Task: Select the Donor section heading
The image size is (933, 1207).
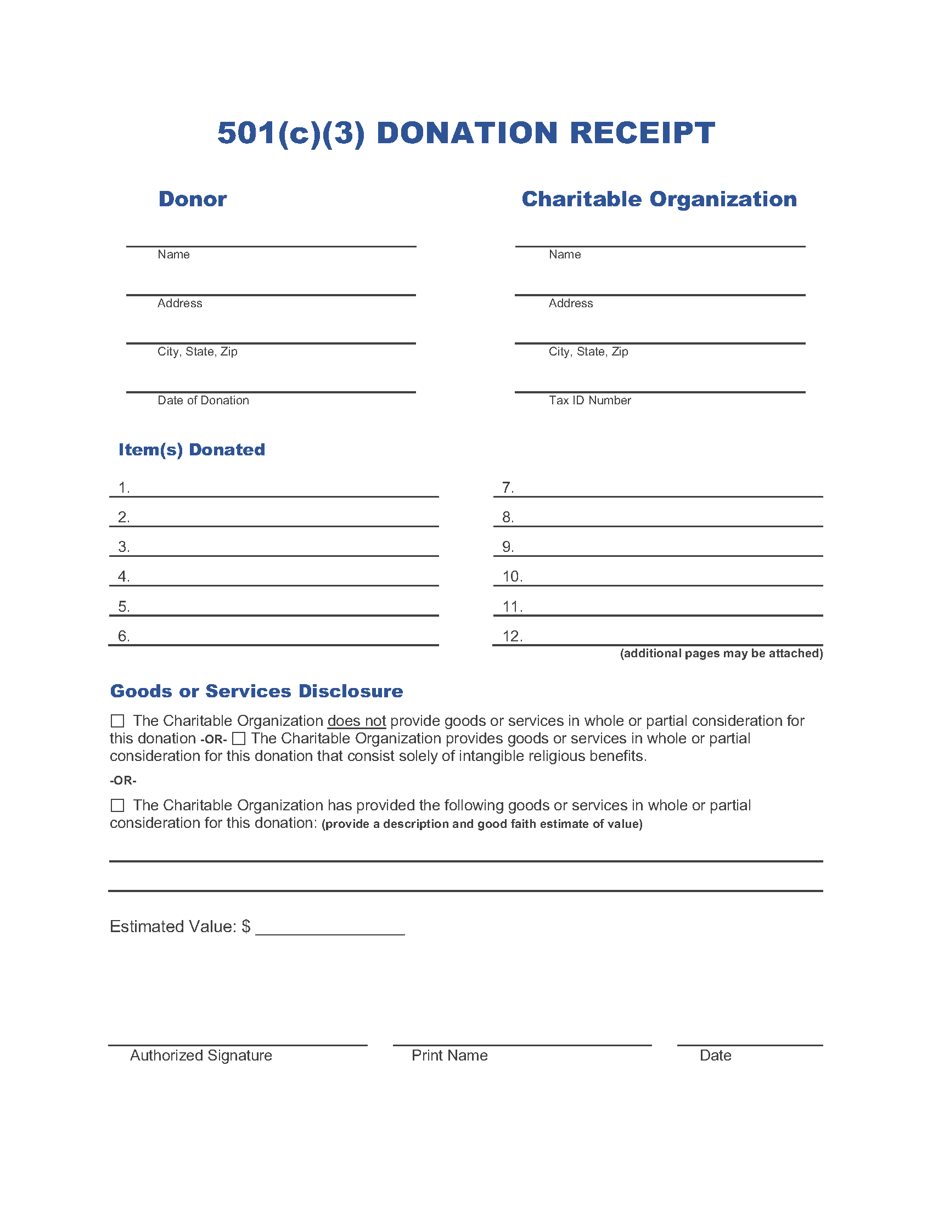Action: (x=192, y=199)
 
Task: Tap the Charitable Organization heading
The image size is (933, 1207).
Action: (x=659, y=199)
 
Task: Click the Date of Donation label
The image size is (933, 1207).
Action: (x=203, y=400)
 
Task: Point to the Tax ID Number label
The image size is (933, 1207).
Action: (x=589, y=400)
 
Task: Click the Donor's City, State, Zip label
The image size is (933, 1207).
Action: (x=198, y=352)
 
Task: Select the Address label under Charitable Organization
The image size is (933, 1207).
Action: (x=570, y=303)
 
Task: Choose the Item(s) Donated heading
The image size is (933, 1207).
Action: (x=191, y=449)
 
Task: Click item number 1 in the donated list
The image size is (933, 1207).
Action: (x=124, y=487)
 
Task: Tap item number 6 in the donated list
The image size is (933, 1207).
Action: (x=124, y=636)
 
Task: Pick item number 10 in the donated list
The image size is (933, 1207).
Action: (x=513, y=577)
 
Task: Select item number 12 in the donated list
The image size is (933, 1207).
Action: (x=513, y=636)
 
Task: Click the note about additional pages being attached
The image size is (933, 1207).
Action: (x=721, y=653)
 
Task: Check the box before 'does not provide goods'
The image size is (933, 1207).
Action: (x=117, y=721)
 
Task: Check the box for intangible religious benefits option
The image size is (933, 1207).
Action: (x=239, y=738)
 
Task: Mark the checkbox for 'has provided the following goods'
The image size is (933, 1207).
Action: (x=117, y=805)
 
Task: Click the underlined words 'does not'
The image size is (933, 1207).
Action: (x=357, y=721)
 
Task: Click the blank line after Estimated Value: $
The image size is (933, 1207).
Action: (x=330, y=928)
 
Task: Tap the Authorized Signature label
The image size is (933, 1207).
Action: (x=201, y=1056)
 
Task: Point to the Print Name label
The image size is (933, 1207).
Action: (x=449, y=1056)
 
